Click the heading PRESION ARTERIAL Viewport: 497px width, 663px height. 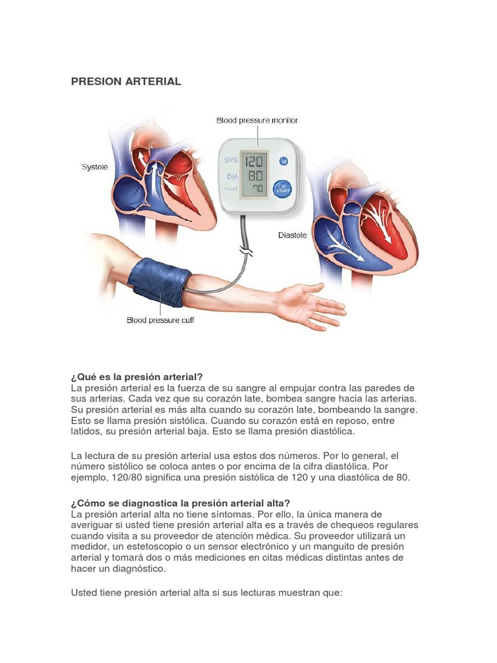tap(126, 82)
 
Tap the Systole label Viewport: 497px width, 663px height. tap(94, 167)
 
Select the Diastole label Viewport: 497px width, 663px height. tap(293, 235)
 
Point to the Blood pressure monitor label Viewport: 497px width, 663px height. tap(257, 120)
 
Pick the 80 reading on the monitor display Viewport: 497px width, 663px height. tap(256, 175)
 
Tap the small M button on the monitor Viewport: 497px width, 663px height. tap(283, 161)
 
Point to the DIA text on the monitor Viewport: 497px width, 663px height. tap(231, 176)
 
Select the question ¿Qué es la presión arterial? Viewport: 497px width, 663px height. tap(137, 377)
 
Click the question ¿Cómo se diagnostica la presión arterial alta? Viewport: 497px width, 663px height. tap(181, 503)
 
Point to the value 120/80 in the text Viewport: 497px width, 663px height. tap(123, 478)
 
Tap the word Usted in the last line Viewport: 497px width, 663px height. tap(85, 592)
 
